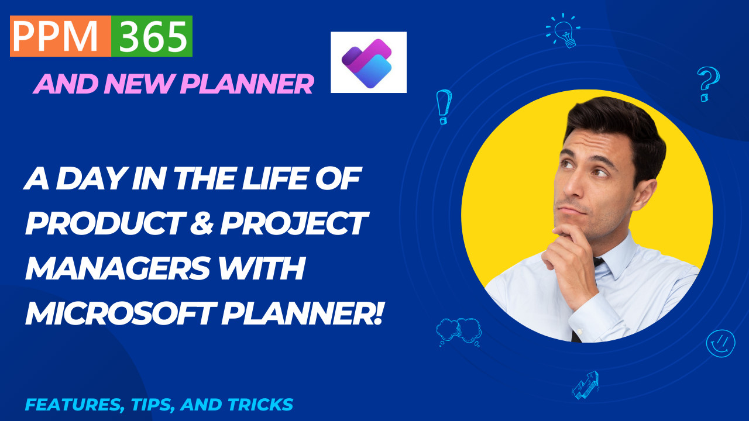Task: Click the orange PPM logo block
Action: point(60,36)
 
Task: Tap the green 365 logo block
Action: point(152,36)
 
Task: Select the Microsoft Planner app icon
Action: point(368,63)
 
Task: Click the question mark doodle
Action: point(707,84)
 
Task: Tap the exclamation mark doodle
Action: point(444,106)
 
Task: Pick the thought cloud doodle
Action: point(459,330)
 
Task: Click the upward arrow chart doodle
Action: point(585,385)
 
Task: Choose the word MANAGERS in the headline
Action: point(116,270)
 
